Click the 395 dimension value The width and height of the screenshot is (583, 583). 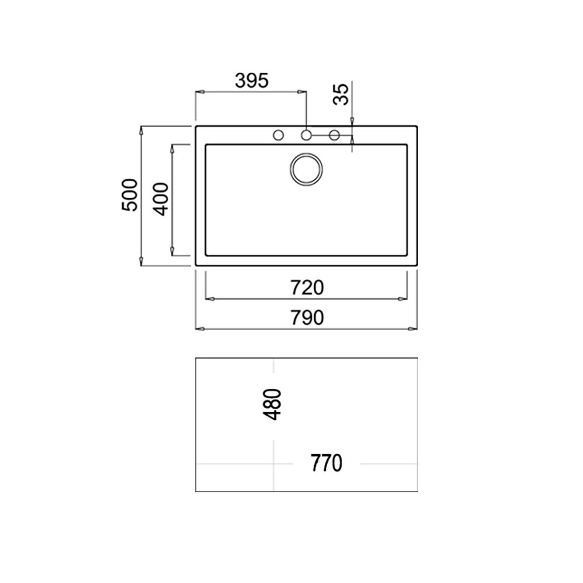click(252, 80)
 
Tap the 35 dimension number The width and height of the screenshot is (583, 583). click(341, 94)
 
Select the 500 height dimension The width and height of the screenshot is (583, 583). click(130, 195)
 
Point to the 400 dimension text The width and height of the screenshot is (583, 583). click(161, 199)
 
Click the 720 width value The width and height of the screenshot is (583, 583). click(307, 287)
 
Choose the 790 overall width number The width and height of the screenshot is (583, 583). click(307, 318)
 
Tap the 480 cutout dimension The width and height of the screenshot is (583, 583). click(272, 404)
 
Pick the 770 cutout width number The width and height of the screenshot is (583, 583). click(326, 463)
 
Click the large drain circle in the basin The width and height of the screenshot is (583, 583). click(306, 169)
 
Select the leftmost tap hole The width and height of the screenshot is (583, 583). click(278, 135)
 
